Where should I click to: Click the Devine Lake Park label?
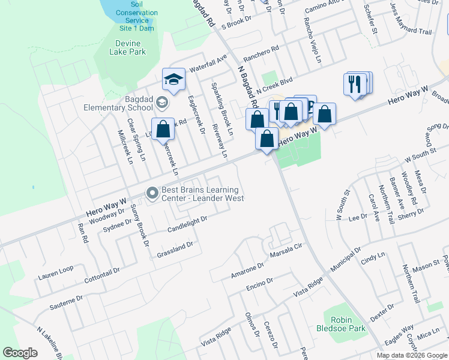point(127,47)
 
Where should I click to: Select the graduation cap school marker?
point(173,80)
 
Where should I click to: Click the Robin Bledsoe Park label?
point(340,325)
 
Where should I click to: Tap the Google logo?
point(20,353)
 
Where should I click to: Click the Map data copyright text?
point(411,355)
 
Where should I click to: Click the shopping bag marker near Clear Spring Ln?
point(163,129)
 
